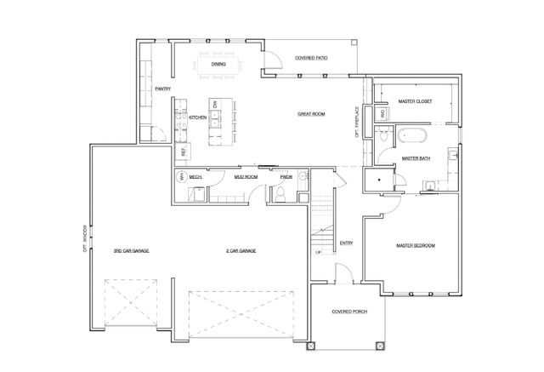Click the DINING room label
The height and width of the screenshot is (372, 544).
tap(218, 63)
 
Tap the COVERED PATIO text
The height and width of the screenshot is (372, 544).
tap(312, 59)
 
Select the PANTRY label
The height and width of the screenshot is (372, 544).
tap(164, 89)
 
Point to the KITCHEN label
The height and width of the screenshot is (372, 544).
tap(198, 117)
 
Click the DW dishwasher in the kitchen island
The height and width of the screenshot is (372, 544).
tap(216, 106)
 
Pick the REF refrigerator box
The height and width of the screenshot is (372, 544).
tap(182, 151)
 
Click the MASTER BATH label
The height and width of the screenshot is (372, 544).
tap(415, 158)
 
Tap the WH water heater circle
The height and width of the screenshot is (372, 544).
tap(180, 177)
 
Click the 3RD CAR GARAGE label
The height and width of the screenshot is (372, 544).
tap(131, 251)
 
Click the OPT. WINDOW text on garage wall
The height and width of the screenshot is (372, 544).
tap(85, 242)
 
